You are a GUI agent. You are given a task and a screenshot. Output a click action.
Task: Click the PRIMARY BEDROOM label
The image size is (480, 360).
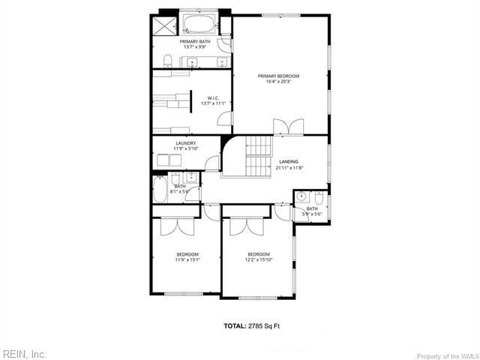point(278,76)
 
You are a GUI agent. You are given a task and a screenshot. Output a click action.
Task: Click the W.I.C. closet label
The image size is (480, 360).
point(213,97)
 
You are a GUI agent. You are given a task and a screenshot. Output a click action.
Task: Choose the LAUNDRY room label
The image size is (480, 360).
point(186,142)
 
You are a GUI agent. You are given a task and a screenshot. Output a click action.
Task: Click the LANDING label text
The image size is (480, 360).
point(288,161)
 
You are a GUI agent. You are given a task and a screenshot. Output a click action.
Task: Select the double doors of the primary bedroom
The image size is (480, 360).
point(288,127)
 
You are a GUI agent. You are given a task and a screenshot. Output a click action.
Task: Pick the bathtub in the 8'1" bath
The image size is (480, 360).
point(160,189)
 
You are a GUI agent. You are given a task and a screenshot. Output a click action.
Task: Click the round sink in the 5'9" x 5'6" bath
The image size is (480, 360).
point(301,197)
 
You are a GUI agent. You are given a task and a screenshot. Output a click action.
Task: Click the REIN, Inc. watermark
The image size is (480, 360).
point(24,352)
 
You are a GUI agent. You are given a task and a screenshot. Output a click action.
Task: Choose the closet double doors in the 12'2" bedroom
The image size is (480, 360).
point(247,225)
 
